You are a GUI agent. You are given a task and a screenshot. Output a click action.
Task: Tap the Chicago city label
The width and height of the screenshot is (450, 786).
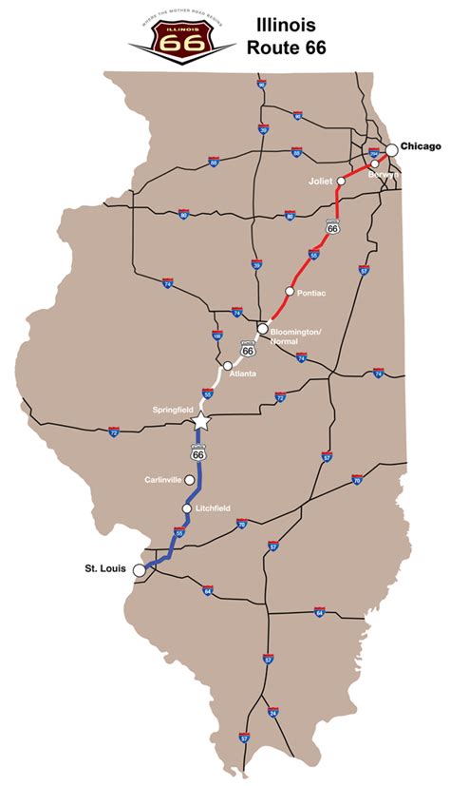[x=422, y=145]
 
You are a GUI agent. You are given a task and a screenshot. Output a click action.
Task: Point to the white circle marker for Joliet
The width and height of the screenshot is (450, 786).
[x=341, y=180]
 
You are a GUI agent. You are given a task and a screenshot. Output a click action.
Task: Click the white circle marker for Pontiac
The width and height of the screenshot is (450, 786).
[x=289, y=291]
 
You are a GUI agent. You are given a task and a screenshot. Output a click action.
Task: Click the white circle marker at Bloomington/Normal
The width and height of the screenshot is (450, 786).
[x=262, y=329]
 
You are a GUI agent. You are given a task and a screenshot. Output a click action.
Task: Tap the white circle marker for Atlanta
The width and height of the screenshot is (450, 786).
[x=228, y=365]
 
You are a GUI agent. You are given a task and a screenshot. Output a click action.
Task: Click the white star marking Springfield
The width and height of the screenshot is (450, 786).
[x=200, y=420]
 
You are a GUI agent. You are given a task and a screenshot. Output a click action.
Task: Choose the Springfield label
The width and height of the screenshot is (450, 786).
[x=173, y=410]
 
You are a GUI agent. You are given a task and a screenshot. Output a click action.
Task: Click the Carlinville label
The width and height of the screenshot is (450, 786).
[x=162, y=480]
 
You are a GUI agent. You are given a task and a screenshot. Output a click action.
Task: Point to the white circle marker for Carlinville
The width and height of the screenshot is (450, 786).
[x=190, y=480]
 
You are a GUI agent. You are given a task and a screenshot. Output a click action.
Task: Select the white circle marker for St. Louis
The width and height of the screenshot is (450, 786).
[x=140, y=570]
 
